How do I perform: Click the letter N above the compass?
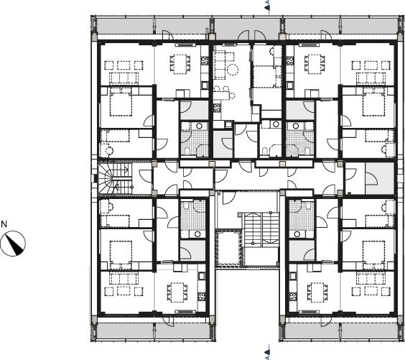(x=4, y=223)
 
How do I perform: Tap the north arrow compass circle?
(x=13, y=244)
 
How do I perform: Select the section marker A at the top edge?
(x=268, y=5)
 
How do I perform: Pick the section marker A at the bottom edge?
(x=268, y=352)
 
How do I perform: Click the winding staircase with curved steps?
(x=114, y=178)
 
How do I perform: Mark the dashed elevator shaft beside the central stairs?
(x=228, y=249)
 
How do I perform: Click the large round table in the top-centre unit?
(x=233, y=70)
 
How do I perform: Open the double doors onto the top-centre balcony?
(x=251, y=35)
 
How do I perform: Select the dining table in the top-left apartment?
(x=180, y=63)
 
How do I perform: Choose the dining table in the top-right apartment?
(x=314, y=63)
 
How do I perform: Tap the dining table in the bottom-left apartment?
(x=177, y=292)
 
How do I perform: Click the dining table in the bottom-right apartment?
(x=317, y=292)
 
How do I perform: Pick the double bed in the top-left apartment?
(x=121, y=102)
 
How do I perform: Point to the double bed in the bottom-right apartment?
(x=373, y=252)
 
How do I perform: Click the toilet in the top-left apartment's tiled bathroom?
(x=187, y=151)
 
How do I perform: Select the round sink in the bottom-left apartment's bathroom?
(x=197, y=234)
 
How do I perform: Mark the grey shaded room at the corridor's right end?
(x=380, y=178)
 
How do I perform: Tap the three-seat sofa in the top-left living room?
(x=124, y=78)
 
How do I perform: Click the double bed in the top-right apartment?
(x=373, y=102)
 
